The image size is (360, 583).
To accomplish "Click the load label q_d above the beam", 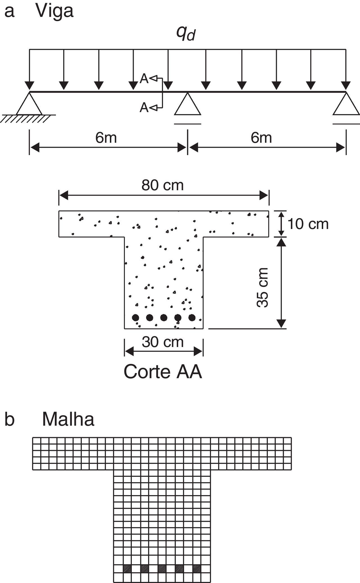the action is click(185, 34).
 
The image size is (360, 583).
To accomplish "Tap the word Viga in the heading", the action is click(55, 11).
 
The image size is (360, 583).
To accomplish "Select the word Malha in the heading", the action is click(68, 419).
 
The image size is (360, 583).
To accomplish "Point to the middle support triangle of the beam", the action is click(187, 105).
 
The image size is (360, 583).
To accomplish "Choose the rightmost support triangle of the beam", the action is click(346, 105).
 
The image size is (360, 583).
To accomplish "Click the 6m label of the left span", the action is click(106, 138).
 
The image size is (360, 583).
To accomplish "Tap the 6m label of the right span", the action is click(261, 138).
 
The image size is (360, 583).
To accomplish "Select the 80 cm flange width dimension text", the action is click(162, 185).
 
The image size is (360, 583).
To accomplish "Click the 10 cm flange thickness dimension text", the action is click(308, 224).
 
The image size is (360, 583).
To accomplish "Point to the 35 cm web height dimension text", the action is click(263, 287).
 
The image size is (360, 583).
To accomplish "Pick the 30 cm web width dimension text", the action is click(162, 342).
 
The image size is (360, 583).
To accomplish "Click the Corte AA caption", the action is click(163, 372).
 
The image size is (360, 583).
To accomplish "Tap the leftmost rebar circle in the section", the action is click(136, 317).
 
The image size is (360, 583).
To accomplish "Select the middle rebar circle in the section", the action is click(164, 317).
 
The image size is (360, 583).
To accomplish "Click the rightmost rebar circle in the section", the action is click(192, 317).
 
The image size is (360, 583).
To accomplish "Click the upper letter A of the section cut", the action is click(144, 79).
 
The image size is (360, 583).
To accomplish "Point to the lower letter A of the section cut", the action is click(144, 107).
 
